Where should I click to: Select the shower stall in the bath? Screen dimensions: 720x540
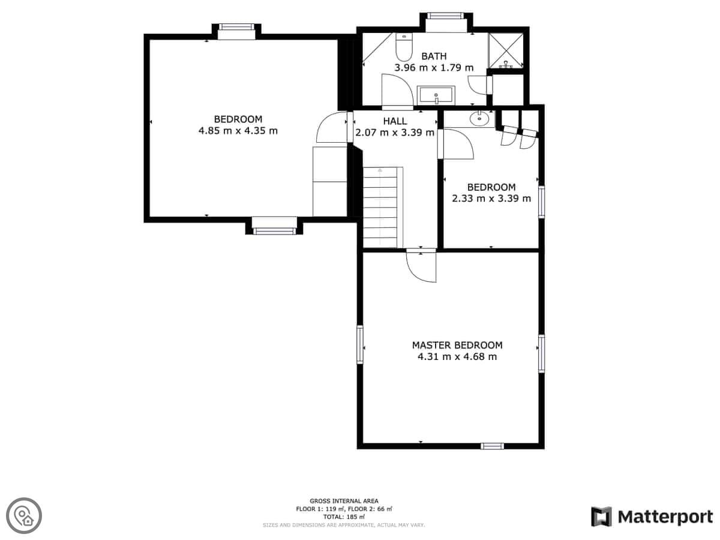pos(505,50)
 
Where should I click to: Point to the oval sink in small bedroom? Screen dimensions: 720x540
pos(479,118)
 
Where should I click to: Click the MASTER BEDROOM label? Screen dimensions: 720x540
pos(457,345)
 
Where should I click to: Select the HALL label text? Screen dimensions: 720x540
pos(395,121)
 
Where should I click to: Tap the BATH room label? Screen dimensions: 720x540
pos(434,56)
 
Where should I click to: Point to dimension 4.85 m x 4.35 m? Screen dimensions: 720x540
pos(238,131)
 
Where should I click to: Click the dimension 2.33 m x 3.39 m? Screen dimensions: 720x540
pos(491,199)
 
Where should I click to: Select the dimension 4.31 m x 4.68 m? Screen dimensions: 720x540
pos(457,356)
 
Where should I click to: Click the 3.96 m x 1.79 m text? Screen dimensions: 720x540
pos(434,68)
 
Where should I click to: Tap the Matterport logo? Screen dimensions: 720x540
pos(652,517)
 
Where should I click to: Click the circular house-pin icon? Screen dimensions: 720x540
pos(24,516)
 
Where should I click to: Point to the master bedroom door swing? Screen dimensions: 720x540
pos(421,266)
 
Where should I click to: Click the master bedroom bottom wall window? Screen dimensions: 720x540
pos(492,446)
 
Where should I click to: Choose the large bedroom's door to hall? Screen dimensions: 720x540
pos(332,127)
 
